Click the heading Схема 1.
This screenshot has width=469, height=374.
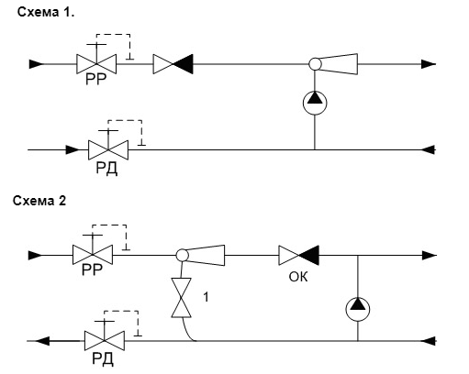pos(46,12)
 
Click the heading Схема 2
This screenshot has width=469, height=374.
pos(39,201)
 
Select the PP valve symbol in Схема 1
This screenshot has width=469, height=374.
pos(96,64)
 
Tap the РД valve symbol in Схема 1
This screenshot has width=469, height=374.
pos(108,149)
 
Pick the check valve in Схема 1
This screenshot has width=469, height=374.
pos(173,64)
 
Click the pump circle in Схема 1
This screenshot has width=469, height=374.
pos(315,103)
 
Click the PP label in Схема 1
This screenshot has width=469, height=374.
pos(96,79)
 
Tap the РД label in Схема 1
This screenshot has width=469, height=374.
pos(106,169)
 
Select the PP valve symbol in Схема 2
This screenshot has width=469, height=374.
pos(93,255)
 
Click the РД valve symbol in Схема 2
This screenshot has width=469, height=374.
pos(105,340)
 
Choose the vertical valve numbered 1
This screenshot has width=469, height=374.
pos(181,298)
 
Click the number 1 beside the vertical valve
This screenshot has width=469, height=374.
pos(207,297)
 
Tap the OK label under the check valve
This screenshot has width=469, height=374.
pos(298,277)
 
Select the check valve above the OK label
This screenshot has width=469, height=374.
pos(299,255)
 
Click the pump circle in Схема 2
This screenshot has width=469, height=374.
pos(358,309)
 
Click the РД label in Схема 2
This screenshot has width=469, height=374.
pos(103,359)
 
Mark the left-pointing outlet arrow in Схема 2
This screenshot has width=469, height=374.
pos(42,341)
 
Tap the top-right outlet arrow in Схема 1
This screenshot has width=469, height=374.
pos(429,64)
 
